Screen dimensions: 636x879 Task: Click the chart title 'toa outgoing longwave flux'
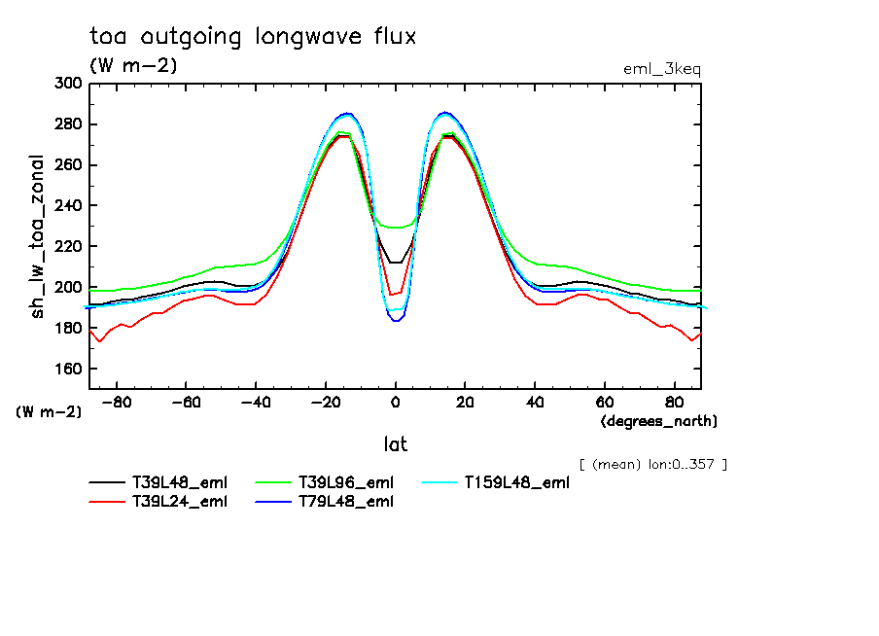253,37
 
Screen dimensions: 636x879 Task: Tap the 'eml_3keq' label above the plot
661,69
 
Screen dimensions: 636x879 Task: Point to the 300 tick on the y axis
69,84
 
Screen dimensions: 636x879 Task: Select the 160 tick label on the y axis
69,370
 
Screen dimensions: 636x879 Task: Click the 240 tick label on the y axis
69,206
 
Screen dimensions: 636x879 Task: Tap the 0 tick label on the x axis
396,402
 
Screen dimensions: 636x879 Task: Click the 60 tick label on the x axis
604,402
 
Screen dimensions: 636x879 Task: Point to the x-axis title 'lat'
395,444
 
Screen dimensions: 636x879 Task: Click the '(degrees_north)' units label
659,421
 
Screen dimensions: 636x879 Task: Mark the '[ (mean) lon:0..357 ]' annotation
652,464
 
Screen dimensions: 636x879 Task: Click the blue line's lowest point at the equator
396,320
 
